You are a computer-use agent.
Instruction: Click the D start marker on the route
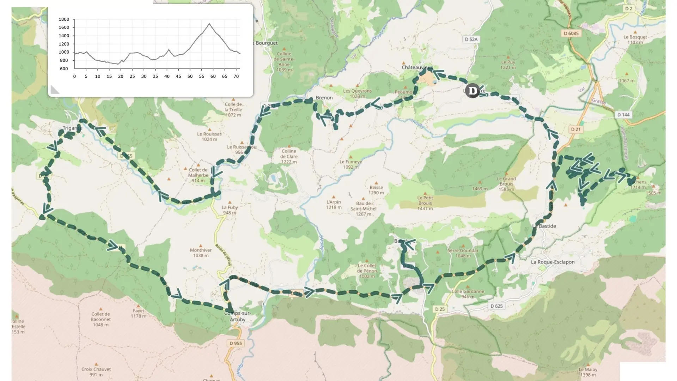pyautogui.click(x=472, y=91)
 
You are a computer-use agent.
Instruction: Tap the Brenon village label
pyautogui.click(x=324, y=98)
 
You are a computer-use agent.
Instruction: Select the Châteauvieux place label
pyautogui.click(x=417, y=67)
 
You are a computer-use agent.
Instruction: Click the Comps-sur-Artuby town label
pyautogui.click(x=237, y=316)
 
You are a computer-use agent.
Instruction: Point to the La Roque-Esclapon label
pyautogui.click(x=553, y=262)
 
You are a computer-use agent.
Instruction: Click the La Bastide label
pyautogui.click(x=544, y=226)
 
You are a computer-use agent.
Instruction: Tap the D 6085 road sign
pyautogui.click(x=571, y=34)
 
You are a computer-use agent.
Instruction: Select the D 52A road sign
pyautogui.click(x=471, y=40)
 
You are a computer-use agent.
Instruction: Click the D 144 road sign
pyautogui.click(x=623, y=115)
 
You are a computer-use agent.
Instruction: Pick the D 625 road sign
pyautogui.click(x=496, y=306)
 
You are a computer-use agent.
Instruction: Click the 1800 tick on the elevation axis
pyautogui.click(x=64, y=19)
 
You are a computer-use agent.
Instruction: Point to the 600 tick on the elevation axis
pyautogui.click(x=64, y=69)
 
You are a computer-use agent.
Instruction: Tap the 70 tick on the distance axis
pyautogui.click(x=236, y=76)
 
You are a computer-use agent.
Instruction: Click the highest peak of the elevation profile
pyautogui.click(x=209, y=24)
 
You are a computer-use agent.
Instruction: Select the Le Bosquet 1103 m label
pyautogui.click(x=635, y=40)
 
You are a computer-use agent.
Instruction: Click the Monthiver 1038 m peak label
pyautogui.click(x=201, y=253)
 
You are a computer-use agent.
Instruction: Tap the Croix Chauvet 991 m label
pyautogui.click(x=96, y=372)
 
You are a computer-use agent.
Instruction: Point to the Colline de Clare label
pyautogui.click(x=289, y=156)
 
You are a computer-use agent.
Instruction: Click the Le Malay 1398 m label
pyautogui.click(x=588, y=372)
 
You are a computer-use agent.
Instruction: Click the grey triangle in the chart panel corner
pyautogui.click(x=54, y=90)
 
